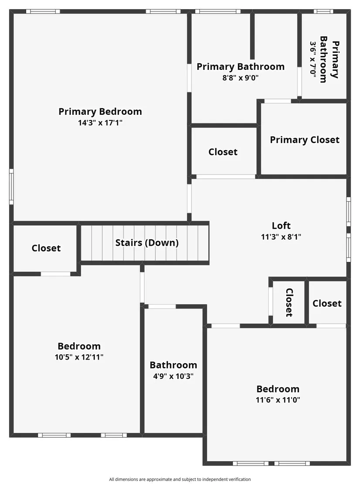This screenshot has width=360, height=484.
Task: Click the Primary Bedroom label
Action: coord(100,111)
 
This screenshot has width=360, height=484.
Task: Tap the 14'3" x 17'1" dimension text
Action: coord(100,123)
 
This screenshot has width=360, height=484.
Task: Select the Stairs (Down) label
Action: coord(147,243)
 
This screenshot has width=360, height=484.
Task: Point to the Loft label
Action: coord(281,226)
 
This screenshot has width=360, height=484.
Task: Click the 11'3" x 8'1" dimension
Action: coord(281,237)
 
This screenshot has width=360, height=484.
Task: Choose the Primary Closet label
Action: coord(305,140)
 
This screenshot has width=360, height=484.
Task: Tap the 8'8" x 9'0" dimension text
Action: coord(240,78)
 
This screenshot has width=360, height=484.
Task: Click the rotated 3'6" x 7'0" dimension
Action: coord(313,59)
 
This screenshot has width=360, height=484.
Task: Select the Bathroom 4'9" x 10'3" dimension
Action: coord(173,376)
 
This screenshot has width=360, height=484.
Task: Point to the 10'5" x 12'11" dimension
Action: coord(79,357)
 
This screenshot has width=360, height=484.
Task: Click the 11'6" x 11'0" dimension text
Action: coord(278,400)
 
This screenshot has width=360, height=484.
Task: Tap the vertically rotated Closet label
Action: coord(289,302)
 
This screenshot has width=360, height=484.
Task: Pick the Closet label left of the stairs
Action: coord(46,248)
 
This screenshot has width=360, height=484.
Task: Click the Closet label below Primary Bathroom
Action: coord(223,152)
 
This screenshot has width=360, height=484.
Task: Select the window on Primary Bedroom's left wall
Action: coord(11,186)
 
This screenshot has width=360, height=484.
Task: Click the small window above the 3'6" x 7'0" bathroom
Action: coord(324,11)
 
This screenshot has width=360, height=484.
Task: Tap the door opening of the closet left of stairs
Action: coord(55,274)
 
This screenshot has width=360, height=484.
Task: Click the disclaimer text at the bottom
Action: coord(180,479)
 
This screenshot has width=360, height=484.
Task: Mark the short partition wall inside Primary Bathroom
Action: coord(252,36)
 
